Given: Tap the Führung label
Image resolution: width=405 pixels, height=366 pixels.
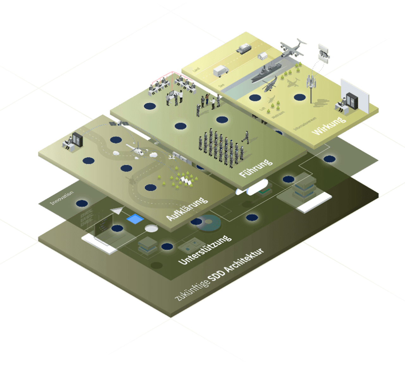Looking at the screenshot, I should (x=256, y=168).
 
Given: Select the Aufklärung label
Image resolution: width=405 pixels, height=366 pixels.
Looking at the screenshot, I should (x=187, y=209).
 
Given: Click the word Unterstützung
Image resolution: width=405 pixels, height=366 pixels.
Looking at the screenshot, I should (x=205, y=250).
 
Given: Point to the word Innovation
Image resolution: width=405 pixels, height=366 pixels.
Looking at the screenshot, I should (x=62, y=198).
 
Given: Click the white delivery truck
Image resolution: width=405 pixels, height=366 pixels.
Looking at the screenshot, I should (x=221, y=71).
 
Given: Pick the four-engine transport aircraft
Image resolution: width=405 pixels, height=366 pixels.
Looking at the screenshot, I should (x=293, y=48).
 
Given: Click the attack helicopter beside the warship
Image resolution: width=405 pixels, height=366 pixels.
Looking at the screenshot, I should (x=269, y=85).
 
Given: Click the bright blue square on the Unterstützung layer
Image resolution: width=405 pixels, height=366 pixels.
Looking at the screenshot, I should (x=135, y=219).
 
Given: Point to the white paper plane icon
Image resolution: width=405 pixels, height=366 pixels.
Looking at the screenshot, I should (x=117, y=210).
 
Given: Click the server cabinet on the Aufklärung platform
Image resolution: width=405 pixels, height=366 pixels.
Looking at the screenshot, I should (x=77, y=140).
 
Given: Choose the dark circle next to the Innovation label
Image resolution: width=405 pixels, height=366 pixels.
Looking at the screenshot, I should (x=82, y=203).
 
